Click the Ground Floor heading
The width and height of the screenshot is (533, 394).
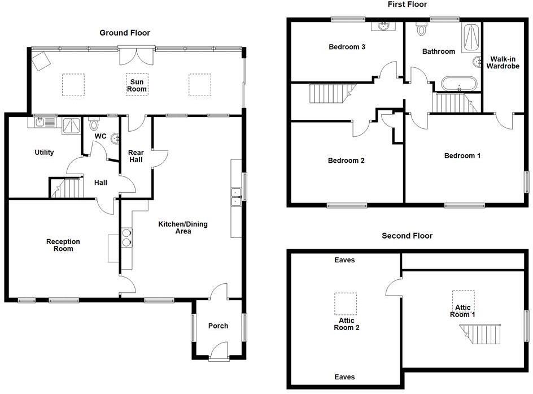click(125, 33)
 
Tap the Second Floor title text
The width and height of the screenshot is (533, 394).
click(407, 236)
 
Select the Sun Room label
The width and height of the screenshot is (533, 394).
click(136, 85)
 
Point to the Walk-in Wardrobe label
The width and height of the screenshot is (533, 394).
click(504, 62)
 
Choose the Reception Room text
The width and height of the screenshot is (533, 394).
click(63, 245)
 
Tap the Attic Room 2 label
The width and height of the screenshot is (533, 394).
click(346, 323)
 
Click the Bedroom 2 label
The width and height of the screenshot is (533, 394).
click(346, 161)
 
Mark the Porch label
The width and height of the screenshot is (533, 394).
click(218, 326)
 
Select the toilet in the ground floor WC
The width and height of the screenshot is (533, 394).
click(94, 124)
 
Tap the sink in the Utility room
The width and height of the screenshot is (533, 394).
click(41, 121)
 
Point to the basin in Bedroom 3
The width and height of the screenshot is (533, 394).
click(383, 25)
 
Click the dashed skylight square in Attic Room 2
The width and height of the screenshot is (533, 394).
click(346, 304)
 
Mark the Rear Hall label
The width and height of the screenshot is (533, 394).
click(136, 156)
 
